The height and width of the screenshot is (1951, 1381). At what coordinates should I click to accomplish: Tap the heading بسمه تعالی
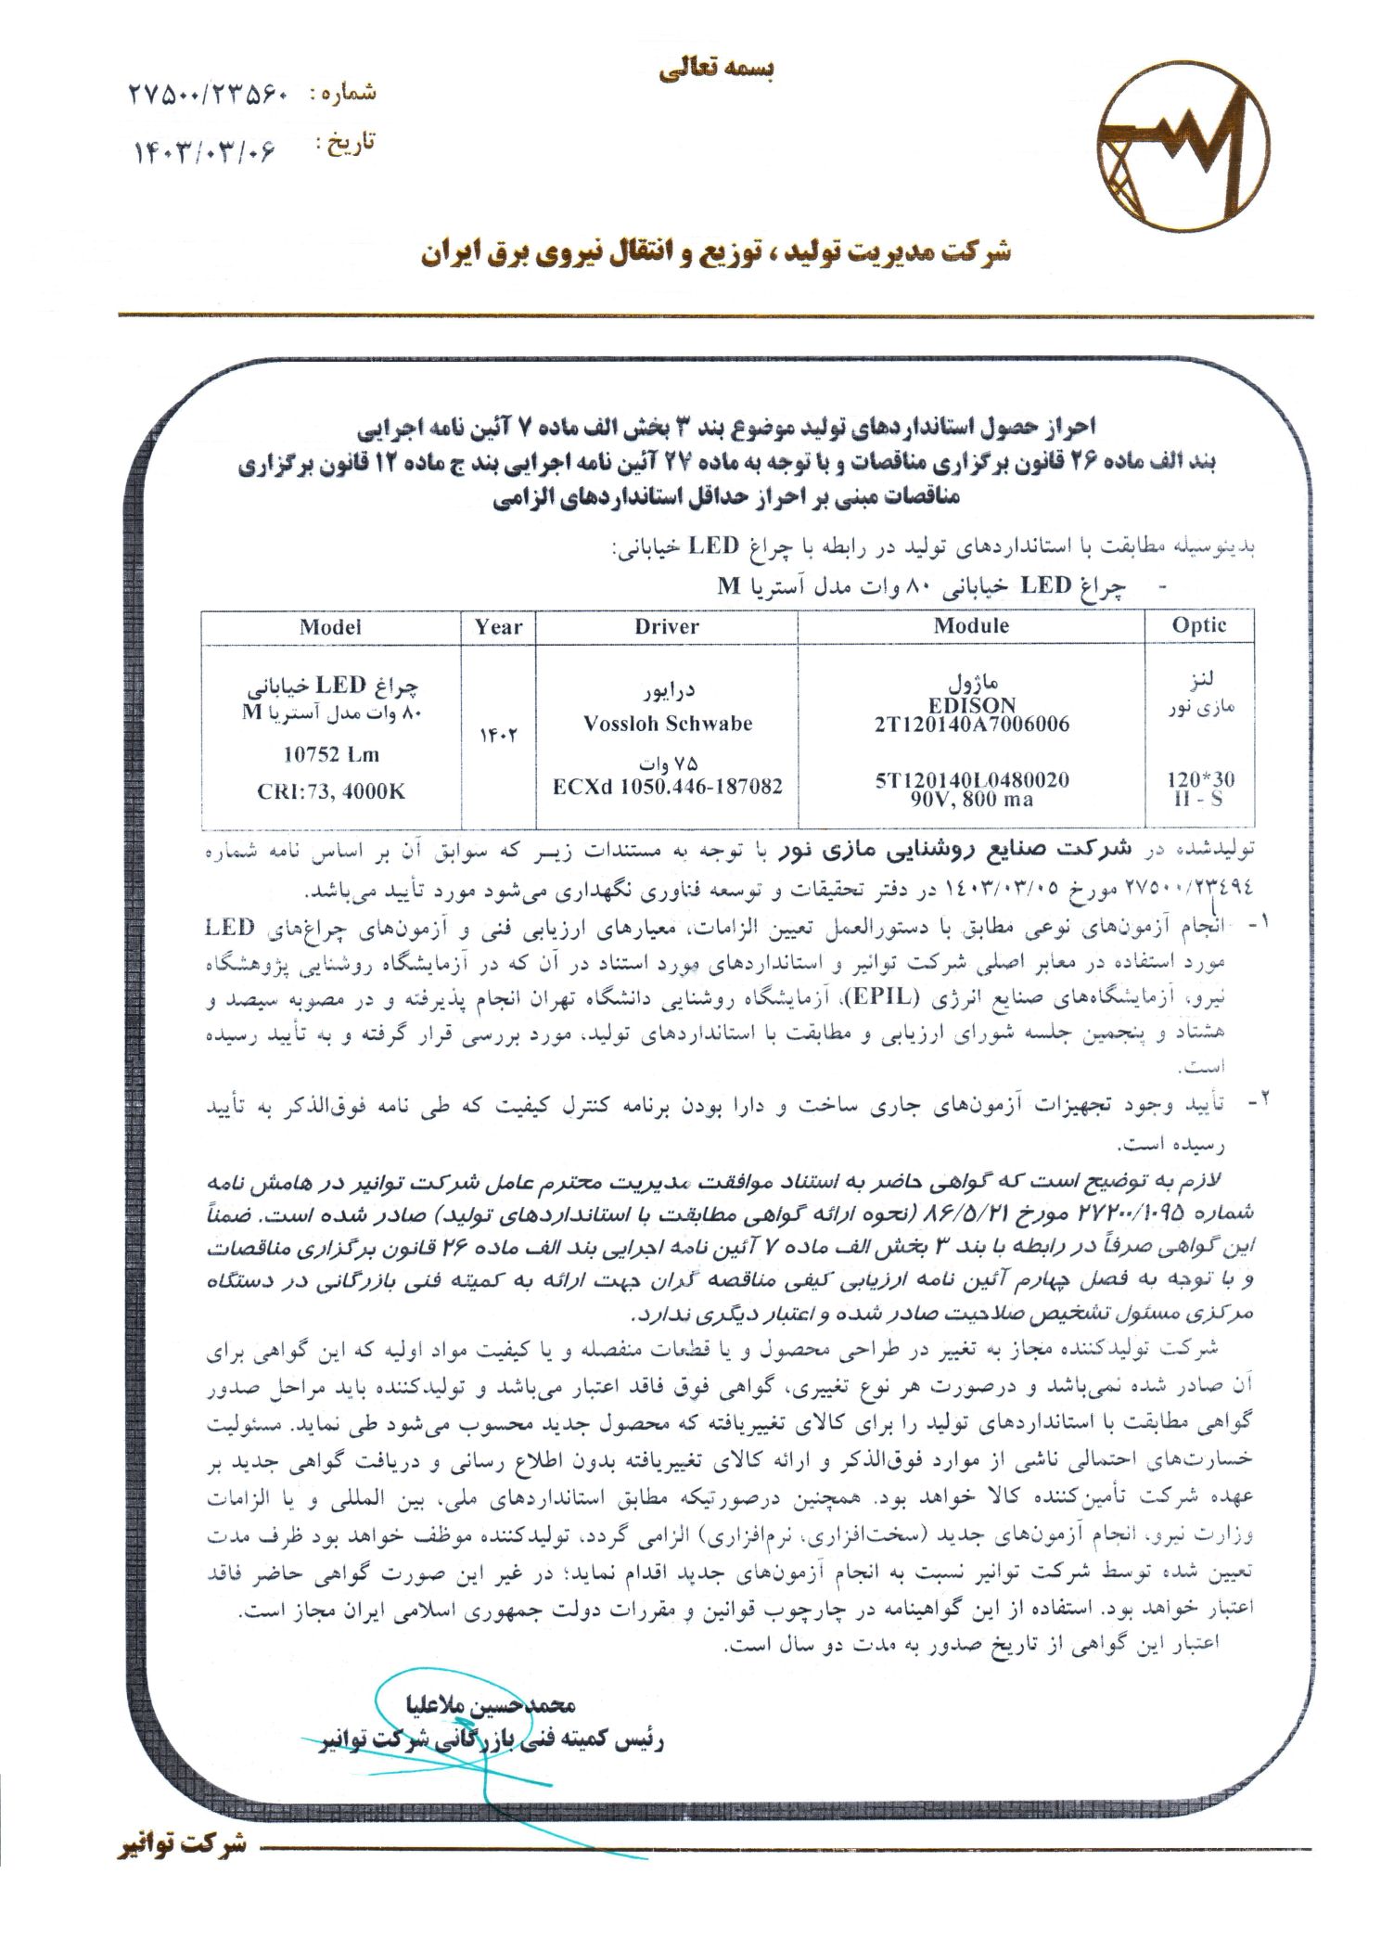[x=717, y=71]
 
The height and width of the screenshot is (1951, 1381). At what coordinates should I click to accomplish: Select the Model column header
[x=330, y=627]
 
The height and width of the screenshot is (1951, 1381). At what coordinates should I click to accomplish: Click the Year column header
[x=498, y=627]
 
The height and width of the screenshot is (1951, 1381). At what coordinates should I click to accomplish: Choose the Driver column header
[x=666, y=627]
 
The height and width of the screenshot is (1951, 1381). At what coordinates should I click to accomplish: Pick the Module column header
[x=971, y=626]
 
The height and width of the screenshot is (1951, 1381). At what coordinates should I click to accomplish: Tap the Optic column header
[x=1198, y=626]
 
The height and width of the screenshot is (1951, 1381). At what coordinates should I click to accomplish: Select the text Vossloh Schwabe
[x=667, y=724]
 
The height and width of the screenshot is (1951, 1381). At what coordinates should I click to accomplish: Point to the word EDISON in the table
[x=971, y=705]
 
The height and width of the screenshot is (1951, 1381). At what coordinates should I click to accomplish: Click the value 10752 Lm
[x=330, y=755]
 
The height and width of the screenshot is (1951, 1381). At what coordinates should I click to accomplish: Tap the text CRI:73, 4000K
[x=330, y=791]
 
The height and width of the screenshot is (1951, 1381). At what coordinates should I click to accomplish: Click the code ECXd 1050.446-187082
[x=667, y=787]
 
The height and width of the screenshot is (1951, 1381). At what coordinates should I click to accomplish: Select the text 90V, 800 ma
[x=971, y=799]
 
